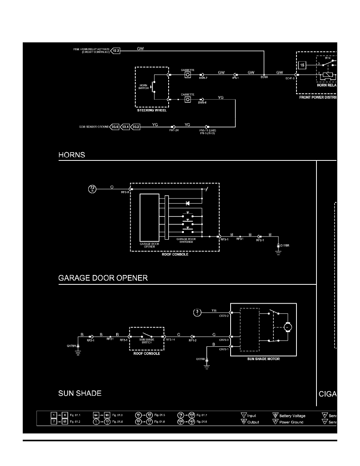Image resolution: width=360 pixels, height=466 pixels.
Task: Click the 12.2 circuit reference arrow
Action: (115, 51)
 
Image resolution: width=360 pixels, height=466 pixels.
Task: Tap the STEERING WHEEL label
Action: (152, 111)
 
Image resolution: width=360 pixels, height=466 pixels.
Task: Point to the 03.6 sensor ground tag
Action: (115, 127)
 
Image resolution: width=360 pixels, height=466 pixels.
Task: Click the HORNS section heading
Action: (72, 155)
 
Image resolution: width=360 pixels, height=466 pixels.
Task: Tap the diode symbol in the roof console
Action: (187, 204)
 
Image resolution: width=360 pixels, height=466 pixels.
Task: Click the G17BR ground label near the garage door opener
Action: (284, 246)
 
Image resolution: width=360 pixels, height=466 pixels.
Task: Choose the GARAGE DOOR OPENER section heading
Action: (103, 278)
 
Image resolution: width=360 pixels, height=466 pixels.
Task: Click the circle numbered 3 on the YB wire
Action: (198, 312)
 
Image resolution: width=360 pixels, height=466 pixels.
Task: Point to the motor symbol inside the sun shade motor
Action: (287, 326)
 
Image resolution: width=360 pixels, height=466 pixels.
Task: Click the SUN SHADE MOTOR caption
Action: (263, 359)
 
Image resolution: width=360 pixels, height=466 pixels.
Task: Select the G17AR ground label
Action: (200, 359)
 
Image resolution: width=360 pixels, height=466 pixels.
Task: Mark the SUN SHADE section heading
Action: (80, 393)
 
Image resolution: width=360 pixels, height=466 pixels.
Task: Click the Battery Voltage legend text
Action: (292, 416)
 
